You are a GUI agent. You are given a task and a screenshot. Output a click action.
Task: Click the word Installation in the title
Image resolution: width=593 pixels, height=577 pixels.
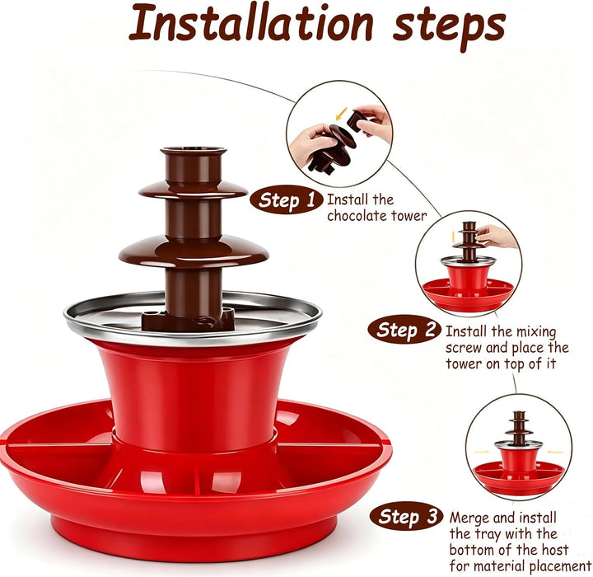pyautogui.click(x=251, y=23)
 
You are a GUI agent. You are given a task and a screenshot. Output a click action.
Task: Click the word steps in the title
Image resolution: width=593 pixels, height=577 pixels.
pyautogui.click(x=449, y=27)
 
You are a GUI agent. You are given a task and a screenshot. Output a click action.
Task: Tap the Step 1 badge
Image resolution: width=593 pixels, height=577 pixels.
pyautogui.click(x=287, y=200)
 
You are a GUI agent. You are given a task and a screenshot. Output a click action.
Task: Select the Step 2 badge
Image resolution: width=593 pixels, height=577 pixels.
pyautogui.click(x=404, y=330)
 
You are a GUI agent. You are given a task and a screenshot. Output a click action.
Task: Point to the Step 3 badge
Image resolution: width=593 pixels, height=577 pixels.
pyautogui.click(x=407, y=516)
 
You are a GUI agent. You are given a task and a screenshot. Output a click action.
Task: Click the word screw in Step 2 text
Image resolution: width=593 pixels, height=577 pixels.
pyautogui.click(x=464, y=348)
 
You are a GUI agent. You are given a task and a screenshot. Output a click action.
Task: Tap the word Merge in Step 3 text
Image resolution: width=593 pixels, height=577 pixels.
pyautogui.click(x=469, y=518)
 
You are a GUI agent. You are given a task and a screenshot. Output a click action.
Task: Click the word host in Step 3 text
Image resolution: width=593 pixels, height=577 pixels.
pyautogui.click(x=554, y=549)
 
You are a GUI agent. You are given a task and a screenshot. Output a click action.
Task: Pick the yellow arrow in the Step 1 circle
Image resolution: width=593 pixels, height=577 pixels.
pyautogui.click(x=342, y=112)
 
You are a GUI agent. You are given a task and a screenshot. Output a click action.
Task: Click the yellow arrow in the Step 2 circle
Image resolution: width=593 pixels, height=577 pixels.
pyautogui.click(x=453, y=237)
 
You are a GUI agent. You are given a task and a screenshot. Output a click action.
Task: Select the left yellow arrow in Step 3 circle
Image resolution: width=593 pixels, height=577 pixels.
pyautogui.click(x=482, y=452)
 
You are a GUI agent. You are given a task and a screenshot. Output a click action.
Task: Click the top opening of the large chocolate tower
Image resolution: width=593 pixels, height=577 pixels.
pyautogui.click(x=194, y=151)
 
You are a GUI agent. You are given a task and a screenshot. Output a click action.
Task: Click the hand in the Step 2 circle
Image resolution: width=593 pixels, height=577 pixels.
pyautogui.click(x=497, y=236)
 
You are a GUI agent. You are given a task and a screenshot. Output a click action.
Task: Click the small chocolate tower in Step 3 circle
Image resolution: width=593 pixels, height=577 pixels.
pyautogui.click(x=519, y=427)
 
